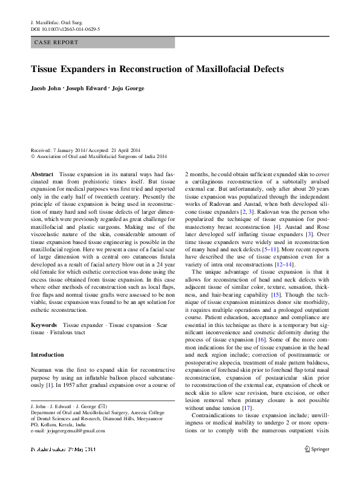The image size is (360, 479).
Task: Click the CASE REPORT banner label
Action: tap(57, 43)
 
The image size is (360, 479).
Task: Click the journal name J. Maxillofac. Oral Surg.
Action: tap(57, 22)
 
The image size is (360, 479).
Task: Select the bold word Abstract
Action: tap(42, 174)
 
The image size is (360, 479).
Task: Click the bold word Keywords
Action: tap(44, 325)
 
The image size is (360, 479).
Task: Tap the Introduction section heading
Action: tap(47, 355)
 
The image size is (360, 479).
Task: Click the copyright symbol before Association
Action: tap(33, 156)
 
